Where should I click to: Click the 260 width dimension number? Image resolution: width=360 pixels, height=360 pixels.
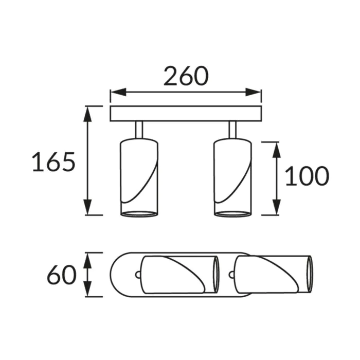(x=186, y=76)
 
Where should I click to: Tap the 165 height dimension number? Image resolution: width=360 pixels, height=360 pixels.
(x=53, y=161)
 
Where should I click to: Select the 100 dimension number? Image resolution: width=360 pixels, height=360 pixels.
(x=307, y=176)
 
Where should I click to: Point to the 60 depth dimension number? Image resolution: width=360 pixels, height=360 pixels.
(x=62, y=274)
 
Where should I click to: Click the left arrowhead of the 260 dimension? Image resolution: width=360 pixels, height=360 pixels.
(x=118, y=92)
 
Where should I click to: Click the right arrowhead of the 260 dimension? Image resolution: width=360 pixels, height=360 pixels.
(x=253, y=92)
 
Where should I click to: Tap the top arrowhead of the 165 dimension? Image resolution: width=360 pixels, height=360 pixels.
(x=87, y=114)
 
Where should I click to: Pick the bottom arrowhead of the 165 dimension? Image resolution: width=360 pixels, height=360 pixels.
(x=87, y=207)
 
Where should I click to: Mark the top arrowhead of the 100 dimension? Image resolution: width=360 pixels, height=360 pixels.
(x=277, y=150)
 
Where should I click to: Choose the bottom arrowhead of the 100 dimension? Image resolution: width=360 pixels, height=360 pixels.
(x=277, y=207)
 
